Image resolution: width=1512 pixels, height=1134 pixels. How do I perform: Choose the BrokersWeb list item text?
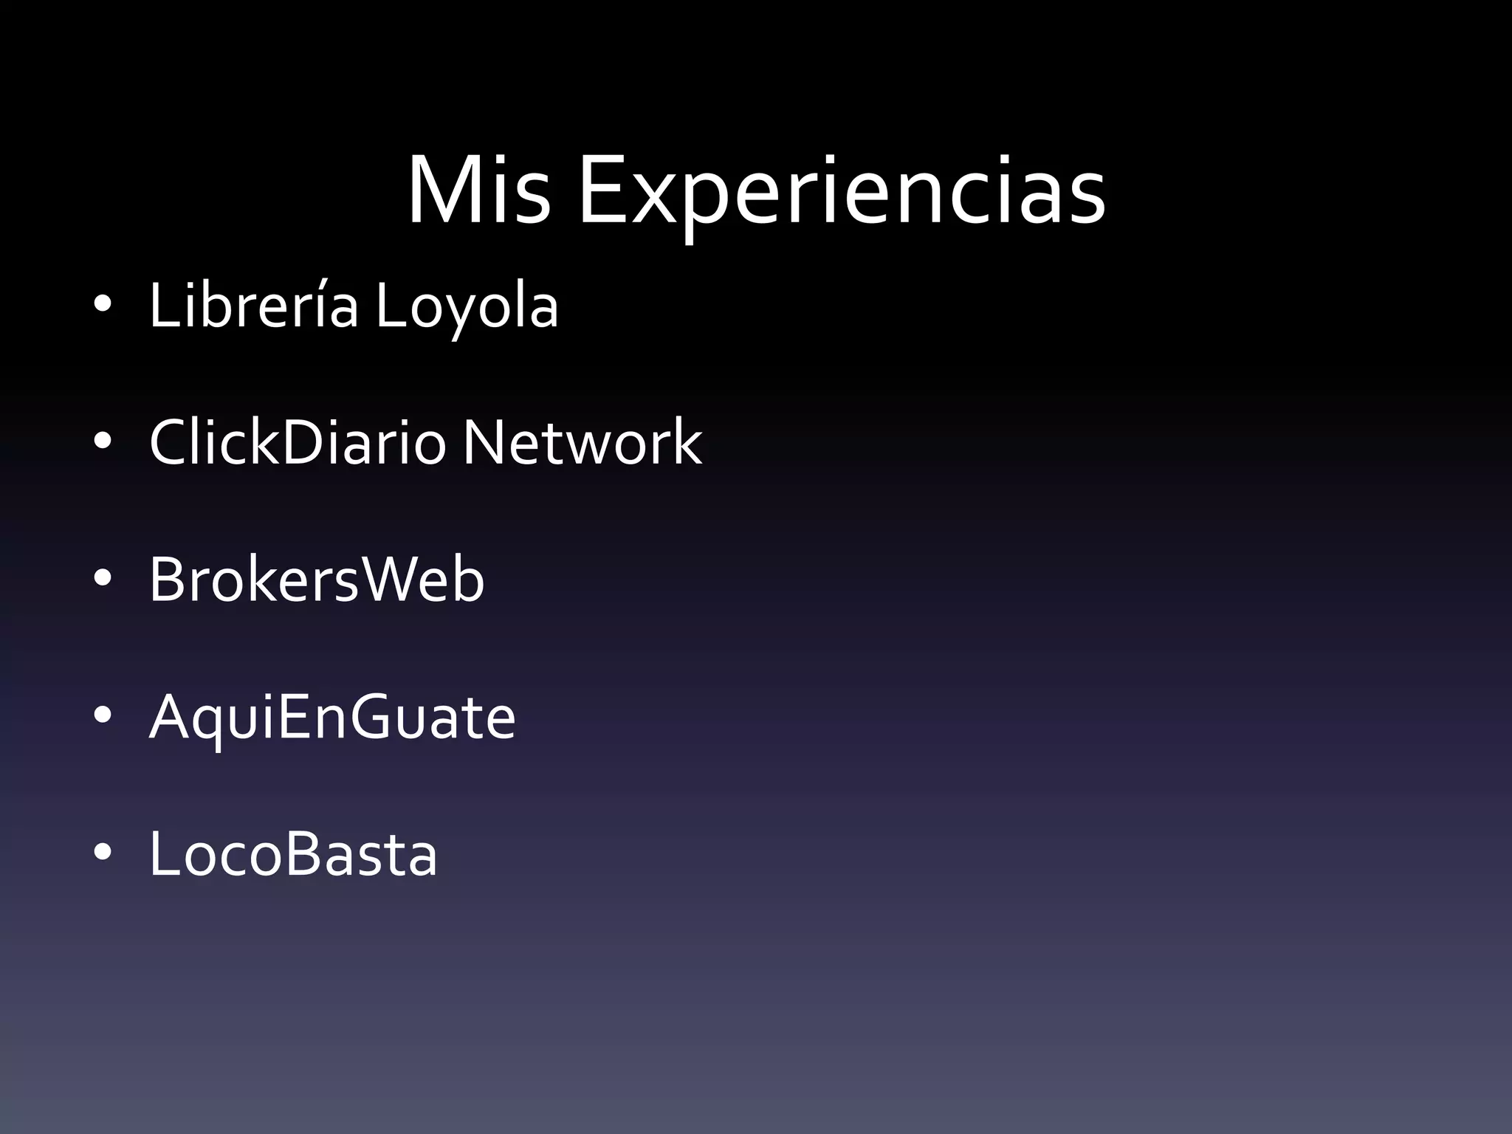(317, 579)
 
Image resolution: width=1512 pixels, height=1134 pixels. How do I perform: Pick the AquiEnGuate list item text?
(332, 718)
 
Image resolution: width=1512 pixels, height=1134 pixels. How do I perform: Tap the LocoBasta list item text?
(293, 853)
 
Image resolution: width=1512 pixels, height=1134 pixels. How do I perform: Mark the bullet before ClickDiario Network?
(103, 441)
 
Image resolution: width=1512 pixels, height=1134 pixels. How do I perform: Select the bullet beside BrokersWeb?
(103, 579)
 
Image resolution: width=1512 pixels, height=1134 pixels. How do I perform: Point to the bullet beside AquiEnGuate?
(103, 715)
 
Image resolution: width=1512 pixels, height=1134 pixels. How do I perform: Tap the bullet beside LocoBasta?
(103, 853)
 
